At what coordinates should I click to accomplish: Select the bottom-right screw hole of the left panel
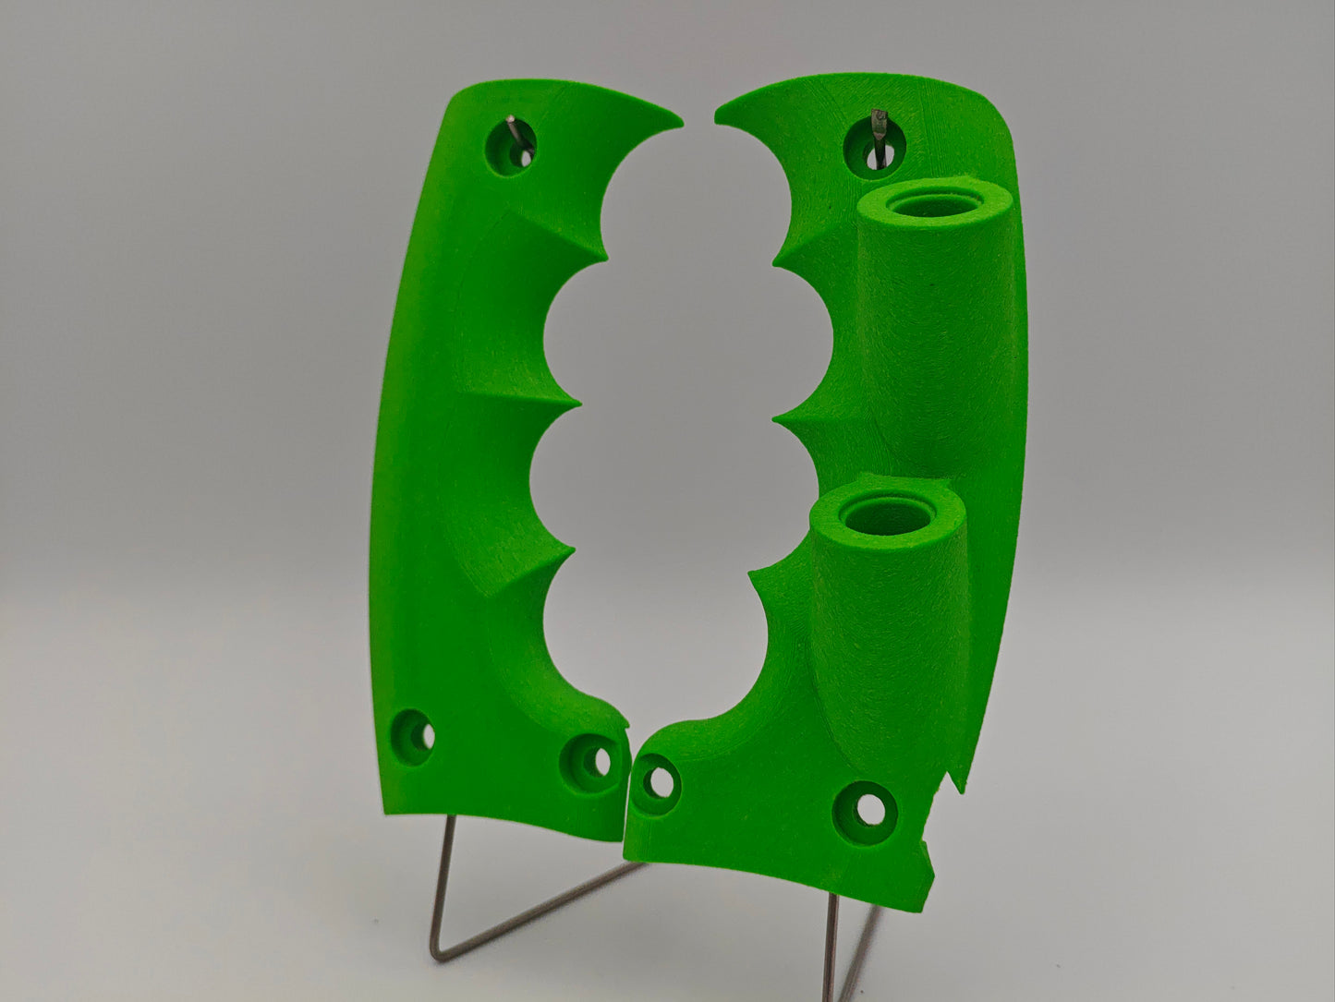(x=589, y=759)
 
